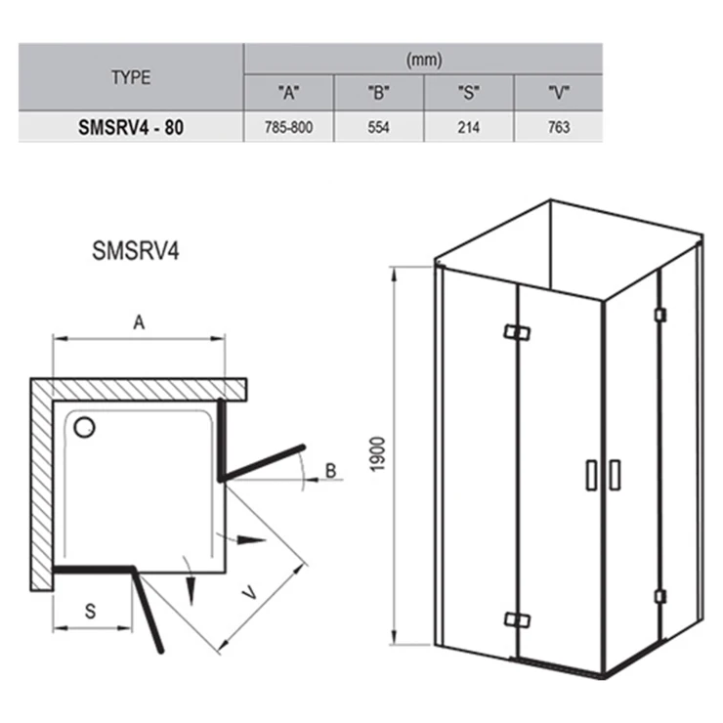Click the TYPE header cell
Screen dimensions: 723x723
click(131, 77)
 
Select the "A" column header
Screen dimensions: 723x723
click(288, 93)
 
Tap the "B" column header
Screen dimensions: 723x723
click(378, 93)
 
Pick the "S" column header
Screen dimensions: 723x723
click(468, 93)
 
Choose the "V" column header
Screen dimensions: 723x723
click(559, 93)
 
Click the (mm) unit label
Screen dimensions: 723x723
click(424, 61)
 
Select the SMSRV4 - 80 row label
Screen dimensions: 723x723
click(131, 127)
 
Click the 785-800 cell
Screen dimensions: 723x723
click(288, 127)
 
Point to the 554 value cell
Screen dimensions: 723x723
click(378, 127)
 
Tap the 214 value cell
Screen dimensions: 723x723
click(468, 127)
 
